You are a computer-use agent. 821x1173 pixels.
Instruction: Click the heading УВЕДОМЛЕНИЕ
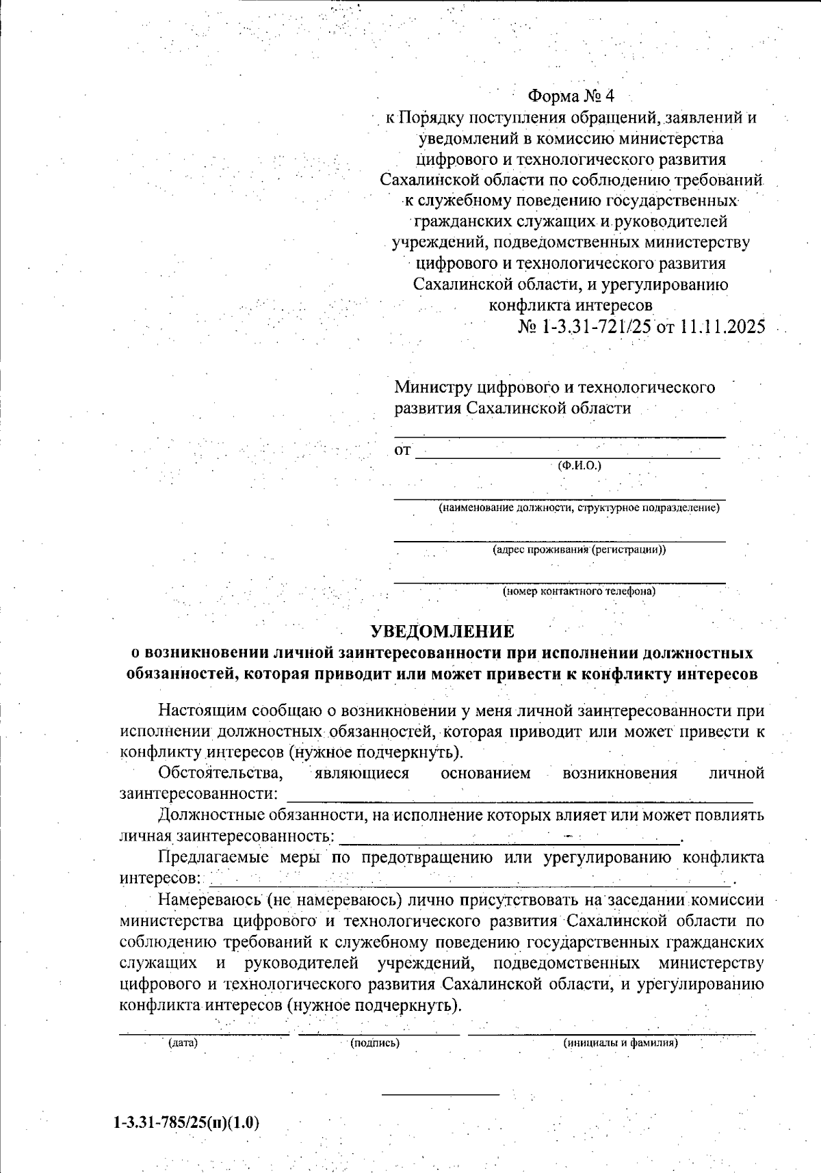pyautogui.click(x=441, y=631)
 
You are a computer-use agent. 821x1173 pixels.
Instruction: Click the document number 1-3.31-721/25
pyautogui.click(x=596, y=326)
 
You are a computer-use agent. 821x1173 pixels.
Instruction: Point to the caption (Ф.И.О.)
pyautogui.click(x=579, y=466)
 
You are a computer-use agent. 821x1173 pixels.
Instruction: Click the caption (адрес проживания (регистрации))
pyautogui.click(x=579, y=549)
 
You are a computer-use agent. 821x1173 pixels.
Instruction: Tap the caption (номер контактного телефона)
pyautogui.click(x=579, y=591)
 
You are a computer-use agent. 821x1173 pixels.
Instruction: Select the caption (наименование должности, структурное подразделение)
pyautogui.click(x=579, y=508)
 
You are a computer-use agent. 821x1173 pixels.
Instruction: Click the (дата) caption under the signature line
pyautogui.click(x=183, y=1043)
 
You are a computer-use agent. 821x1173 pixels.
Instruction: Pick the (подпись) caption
pyautogui.click(x=375, y=1043)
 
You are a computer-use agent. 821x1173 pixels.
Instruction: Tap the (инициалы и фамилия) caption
pyautogui.click(x=621, y=1043)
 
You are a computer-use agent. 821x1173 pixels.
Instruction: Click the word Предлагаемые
pyautogui.click(x=214, y=858)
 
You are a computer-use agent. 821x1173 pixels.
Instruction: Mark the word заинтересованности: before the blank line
pyautogui.click(x=198, y=794)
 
